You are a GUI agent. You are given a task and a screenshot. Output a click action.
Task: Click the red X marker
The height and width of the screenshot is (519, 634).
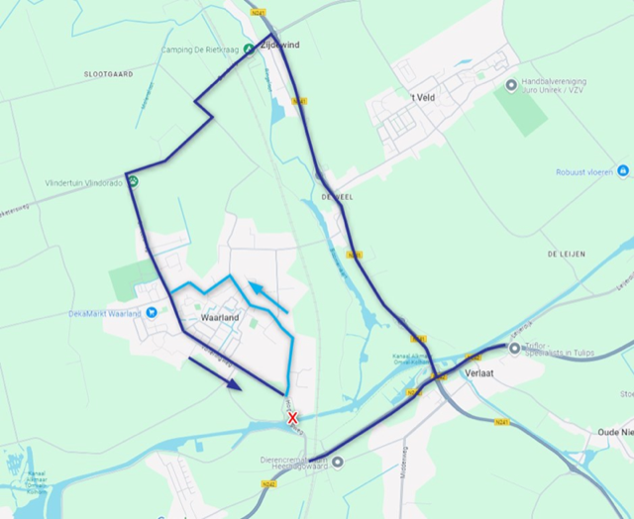tap(292, 418)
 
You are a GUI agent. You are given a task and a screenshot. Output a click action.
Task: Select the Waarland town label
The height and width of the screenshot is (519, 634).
tap(221, 318)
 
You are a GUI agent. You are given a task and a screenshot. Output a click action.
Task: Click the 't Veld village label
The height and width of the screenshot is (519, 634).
tap(423, 97)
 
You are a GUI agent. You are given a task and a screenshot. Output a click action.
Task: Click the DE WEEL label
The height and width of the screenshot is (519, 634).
tap(337, 197)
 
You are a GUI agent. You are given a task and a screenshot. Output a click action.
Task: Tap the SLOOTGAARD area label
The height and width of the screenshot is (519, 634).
tap(109, 74)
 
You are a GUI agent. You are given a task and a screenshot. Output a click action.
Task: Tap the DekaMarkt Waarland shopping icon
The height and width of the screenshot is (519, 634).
tap(152, 313)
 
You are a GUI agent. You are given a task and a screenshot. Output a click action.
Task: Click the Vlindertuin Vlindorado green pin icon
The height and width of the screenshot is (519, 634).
tap(133, 182)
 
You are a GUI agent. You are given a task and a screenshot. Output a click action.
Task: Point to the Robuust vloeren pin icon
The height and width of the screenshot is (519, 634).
tap(622, 170)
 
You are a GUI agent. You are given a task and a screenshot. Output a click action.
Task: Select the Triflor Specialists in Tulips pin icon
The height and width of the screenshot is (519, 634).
tap(515, 348)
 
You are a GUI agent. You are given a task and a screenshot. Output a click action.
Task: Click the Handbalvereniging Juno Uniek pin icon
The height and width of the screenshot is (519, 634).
tap(511, 85)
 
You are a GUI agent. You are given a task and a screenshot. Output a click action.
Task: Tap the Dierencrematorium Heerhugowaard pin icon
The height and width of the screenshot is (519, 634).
tap(339, 462)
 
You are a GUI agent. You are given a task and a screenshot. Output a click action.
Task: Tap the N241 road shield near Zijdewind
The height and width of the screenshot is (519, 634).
tap(259, 13)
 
